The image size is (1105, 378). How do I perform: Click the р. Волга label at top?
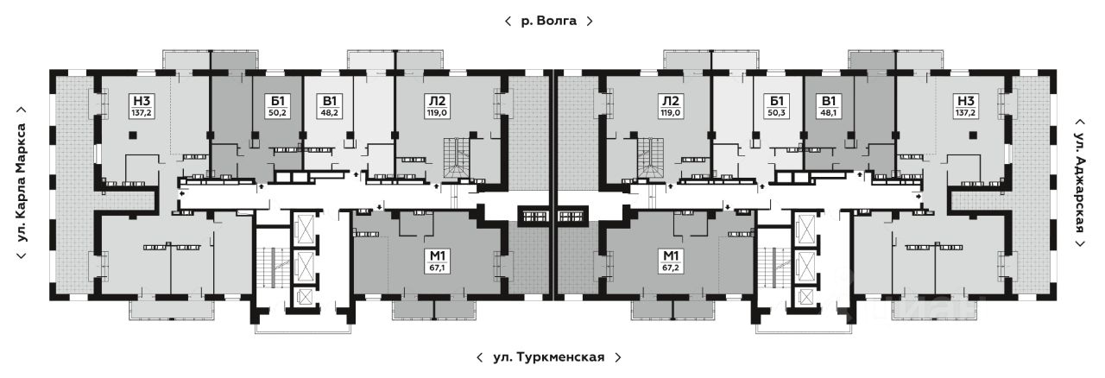coord(548,22)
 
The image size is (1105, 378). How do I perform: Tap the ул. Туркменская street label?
coord(548,356)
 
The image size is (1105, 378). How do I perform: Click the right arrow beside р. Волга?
coord(590,22)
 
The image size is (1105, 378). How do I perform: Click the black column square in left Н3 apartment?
coord(132,135)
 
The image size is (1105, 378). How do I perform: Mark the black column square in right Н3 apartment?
coord(973,135)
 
